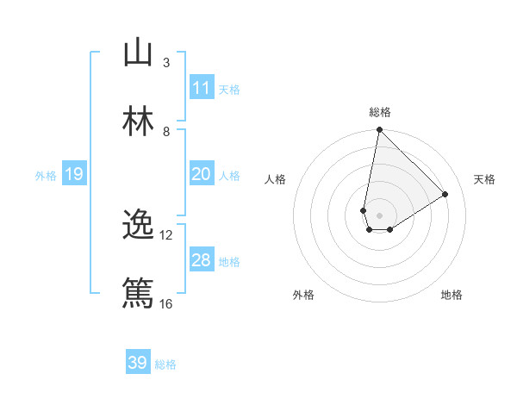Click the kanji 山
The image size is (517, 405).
[138, 53]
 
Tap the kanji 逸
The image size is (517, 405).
[138, 225]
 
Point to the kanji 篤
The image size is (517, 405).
[138, 293]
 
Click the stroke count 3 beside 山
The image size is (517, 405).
[166, 63]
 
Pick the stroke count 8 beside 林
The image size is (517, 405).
[166, 131]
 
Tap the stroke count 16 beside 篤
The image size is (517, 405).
[166, 303]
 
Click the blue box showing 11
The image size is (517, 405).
[202, 88]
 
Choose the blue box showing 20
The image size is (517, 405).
[202, 174]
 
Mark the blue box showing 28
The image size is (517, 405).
[202, 260]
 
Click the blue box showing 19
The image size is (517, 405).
[74, 175]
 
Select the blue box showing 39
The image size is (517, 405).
[138, 363]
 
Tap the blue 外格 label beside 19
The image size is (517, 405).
[46, 176]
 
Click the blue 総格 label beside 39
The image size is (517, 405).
[165, 364]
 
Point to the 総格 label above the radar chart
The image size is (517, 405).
[380, 112]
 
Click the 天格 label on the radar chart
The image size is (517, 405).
[484, 179]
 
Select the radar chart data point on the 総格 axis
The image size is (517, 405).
[379, 131]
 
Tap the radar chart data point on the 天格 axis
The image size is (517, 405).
[445, 194]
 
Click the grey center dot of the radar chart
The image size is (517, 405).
[379, 215]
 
